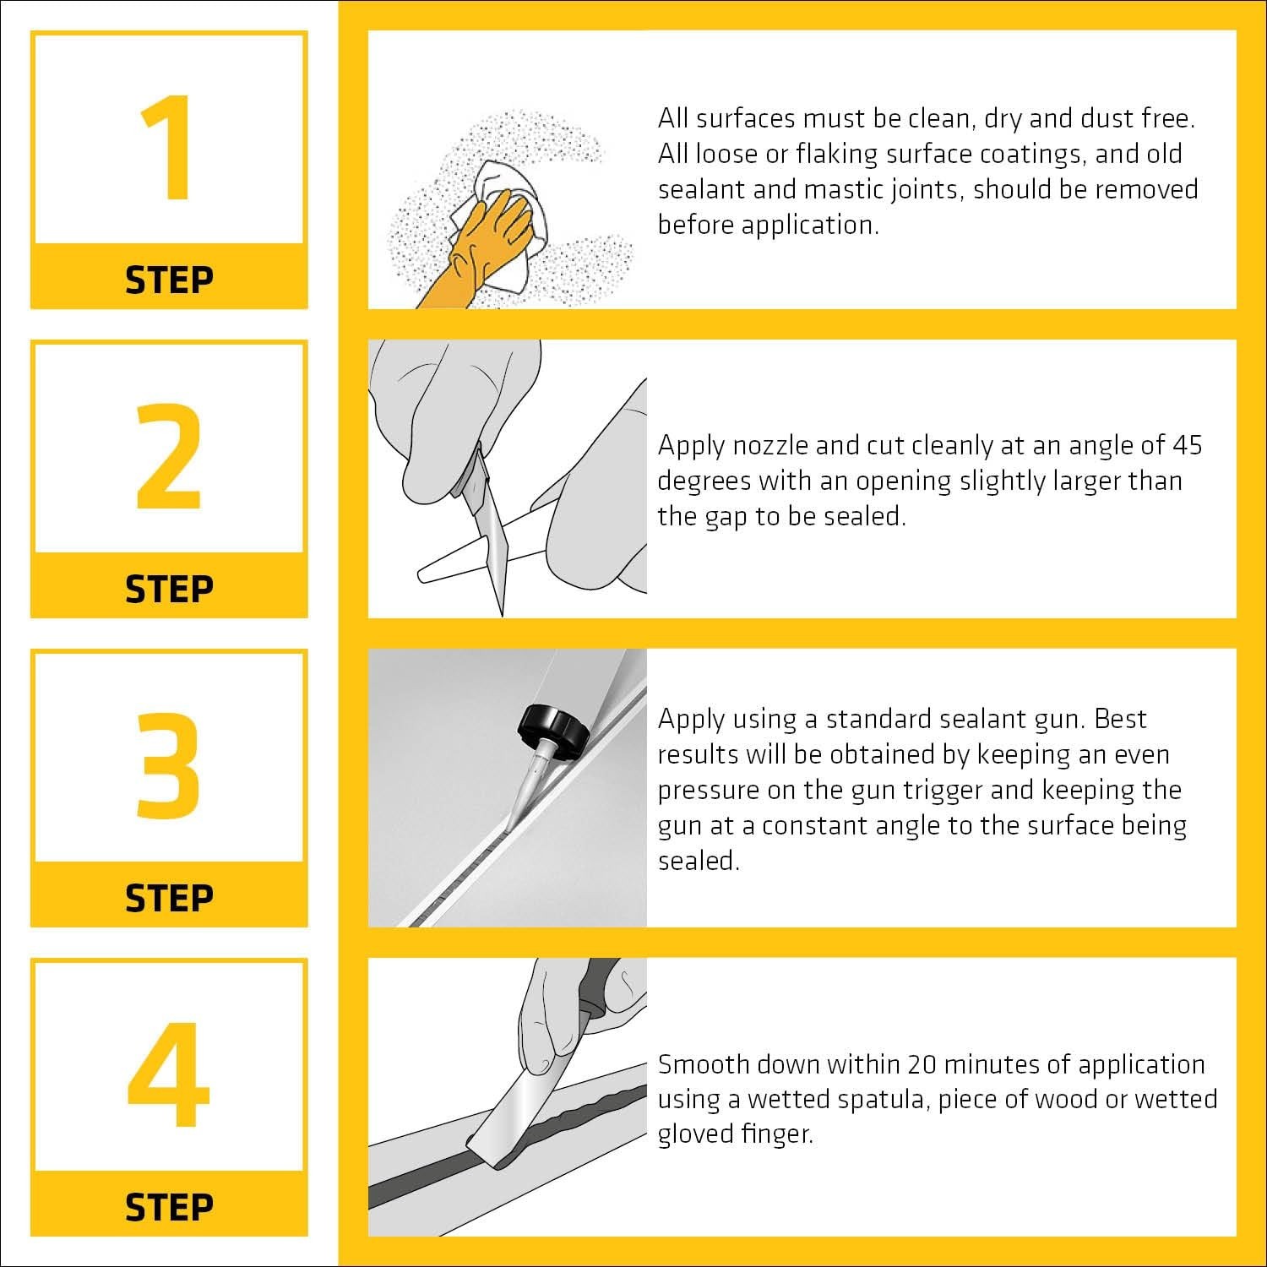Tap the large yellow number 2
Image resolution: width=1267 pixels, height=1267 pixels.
click(169, 457)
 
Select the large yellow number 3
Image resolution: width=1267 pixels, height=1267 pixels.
click(169, 766)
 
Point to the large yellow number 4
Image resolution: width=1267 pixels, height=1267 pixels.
click(169, 1075)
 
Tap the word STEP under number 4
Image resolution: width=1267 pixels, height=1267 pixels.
click(169, 1207)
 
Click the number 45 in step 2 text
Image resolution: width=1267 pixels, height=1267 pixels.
click(1186, 445)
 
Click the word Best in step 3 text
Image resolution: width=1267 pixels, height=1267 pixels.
click(1121, 719)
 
